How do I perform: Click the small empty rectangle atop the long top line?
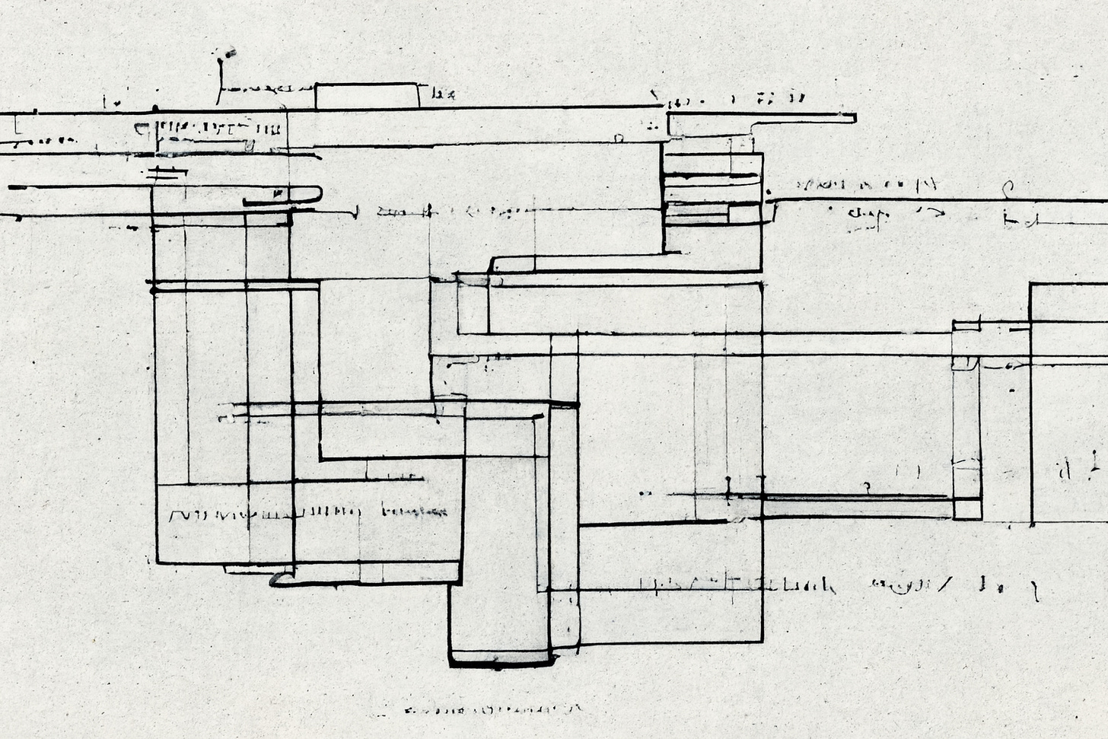point(367,96)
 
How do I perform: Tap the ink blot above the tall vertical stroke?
point(226,53)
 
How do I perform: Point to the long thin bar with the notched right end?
point(761,118)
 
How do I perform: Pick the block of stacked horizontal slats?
point(712,190)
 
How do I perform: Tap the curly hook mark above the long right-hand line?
point(1008,186)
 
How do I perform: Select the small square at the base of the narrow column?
point(966,508)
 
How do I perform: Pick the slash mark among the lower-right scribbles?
point(947,585)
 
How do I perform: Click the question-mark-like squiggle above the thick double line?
point(865,486)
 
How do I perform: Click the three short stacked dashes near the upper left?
point(167,174)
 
